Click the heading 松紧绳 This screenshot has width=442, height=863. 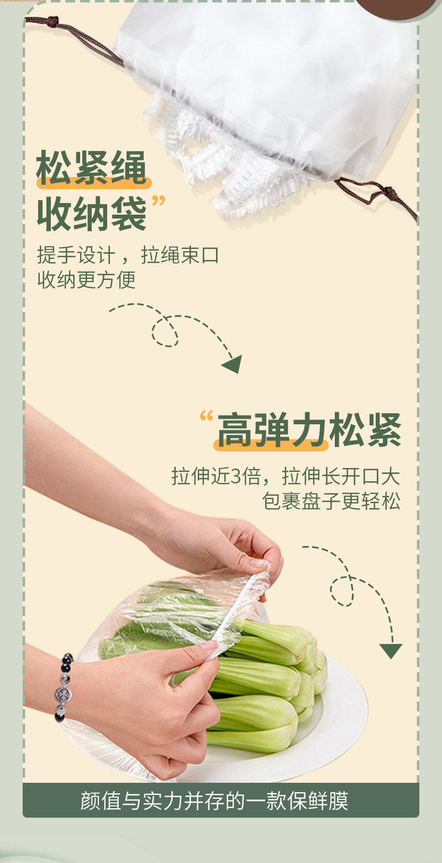(91, 169)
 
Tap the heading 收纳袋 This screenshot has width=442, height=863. (91, 215)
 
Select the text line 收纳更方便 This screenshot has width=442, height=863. (86, 280)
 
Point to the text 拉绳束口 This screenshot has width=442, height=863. (180, 256)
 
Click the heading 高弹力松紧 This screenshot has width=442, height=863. (309, 431)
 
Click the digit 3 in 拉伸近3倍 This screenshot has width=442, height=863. (236, 477)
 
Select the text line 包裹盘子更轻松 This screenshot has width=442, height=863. (331, 502)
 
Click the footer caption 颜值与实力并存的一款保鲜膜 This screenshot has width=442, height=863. (220, 800)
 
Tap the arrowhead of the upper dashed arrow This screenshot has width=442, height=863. (233, 364)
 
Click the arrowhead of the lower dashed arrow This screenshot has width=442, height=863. (391, 651)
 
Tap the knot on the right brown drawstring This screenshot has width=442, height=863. (391, 193)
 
